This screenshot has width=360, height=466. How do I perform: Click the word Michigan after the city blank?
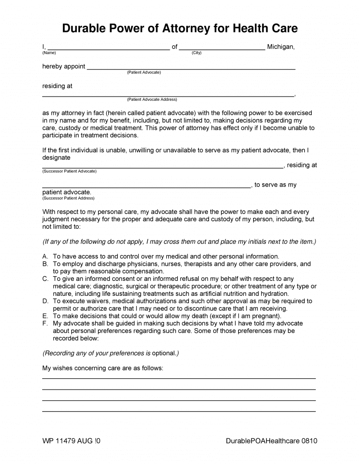coord(280,47)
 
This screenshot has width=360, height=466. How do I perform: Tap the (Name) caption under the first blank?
coord(49,53)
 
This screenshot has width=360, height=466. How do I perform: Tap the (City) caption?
coord(196,53)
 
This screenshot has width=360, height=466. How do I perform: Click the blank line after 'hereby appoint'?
coord(191,68)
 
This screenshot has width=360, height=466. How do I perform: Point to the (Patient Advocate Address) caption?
coord(152,99)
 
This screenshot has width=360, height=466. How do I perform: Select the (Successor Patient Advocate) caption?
coord(69,171)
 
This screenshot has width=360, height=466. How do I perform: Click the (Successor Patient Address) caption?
coord(68,198)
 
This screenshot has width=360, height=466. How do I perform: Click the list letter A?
coord(45,256)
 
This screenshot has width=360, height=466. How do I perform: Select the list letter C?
coord(45,279)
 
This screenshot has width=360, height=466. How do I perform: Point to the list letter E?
coord(45,316)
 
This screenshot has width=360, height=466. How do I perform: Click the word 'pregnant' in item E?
coord(265,316)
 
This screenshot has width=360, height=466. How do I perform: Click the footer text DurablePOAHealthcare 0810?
coord(271,441)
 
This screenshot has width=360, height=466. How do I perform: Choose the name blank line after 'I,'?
coord(108,49)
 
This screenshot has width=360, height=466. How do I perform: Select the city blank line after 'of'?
coord(222,49)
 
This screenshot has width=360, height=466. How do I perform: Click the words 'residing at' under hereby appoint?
coord(57,86)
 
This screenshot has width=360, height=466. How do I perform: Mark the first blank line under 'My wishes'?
coord(179,378)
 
